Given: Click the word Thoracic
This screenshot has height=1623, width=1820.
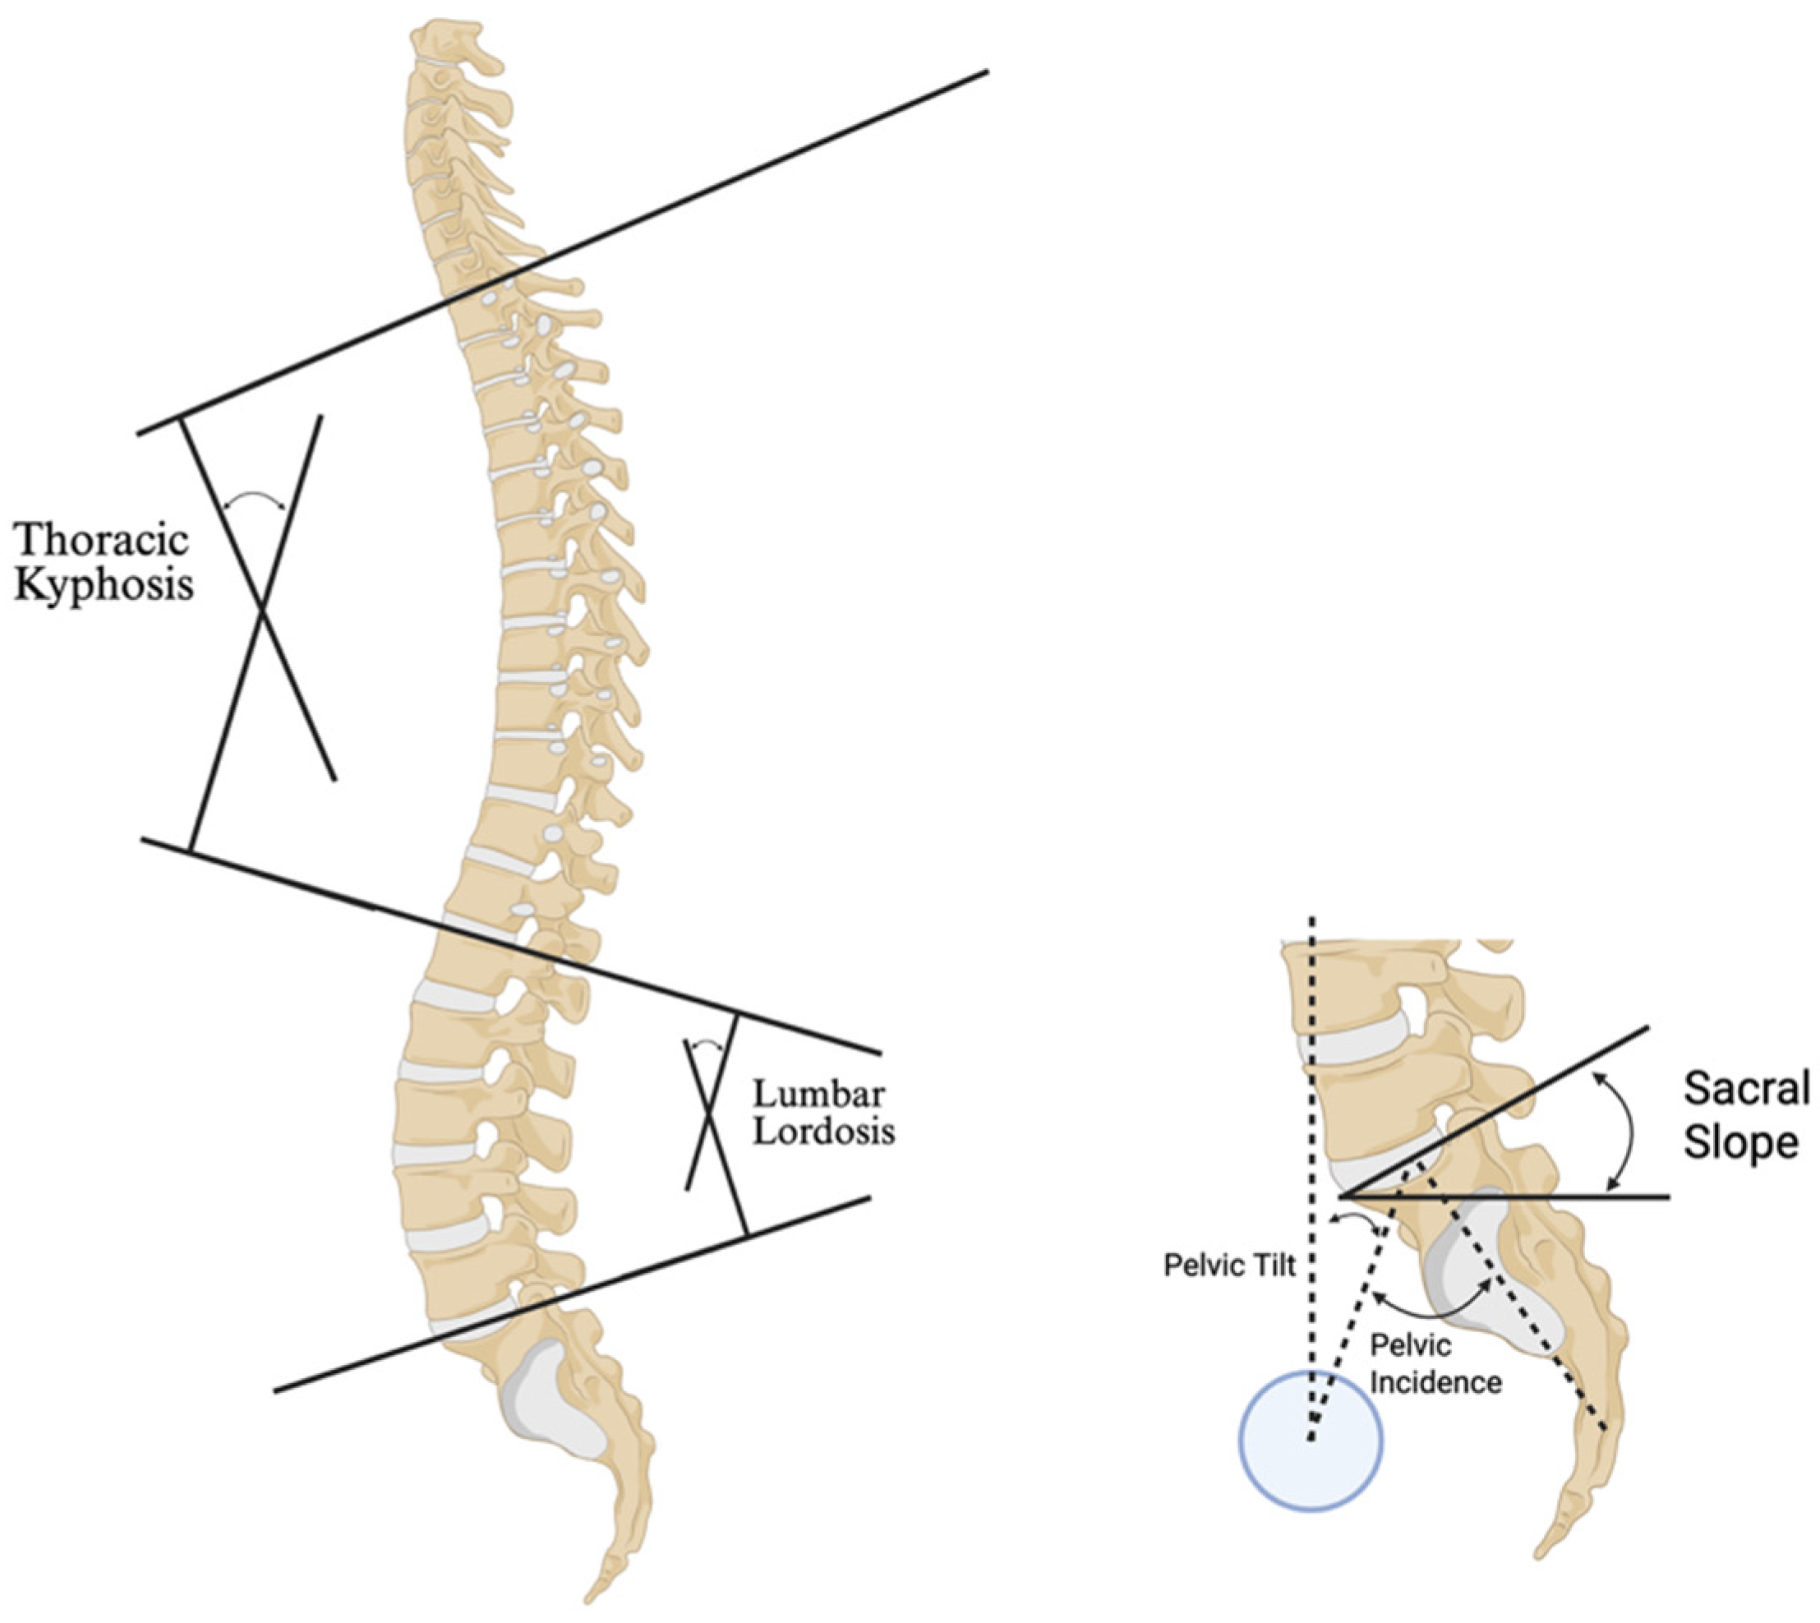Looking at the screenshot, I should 102,541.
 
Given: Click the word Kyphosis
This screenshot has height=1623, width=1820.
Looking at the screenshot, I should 105,586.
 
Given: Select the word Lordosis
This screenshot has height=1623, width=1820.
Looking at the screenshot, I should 823,1132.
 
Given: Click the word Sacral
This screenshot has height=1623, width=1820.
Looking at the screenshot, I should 1746,1089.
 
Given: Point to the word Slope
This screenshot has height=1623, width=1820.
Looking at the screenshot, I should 1739,1143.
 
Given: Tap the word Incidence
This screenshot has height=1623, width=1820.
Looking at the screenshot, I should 1435,1381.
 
